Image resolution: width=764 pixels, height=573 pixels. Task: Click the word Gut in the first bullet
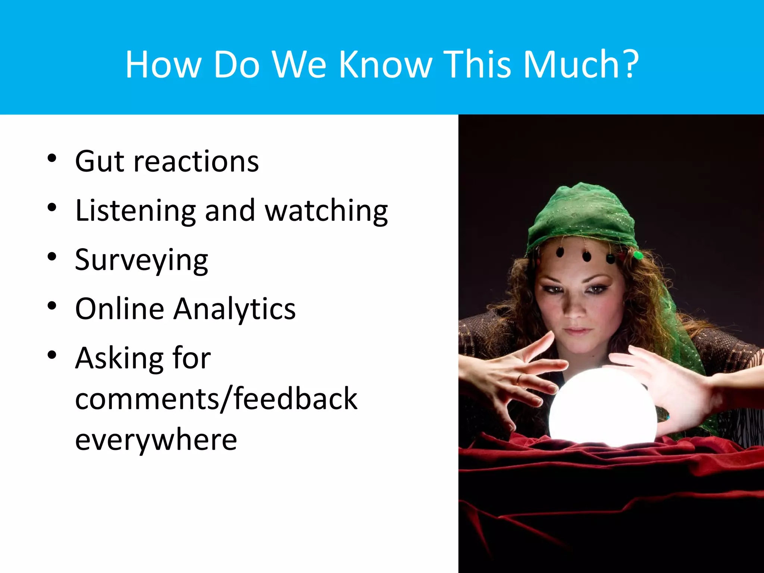[99, 161]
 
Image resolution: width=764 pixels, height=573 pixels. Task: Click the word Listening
[135, 211]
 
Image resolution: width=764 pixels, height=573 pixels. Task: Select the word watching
[326, 211]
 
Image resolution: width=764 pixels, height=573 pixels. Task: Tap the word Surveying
[141, 260]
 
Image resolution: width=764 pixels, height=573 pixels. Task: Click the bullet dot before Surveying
[52, 257]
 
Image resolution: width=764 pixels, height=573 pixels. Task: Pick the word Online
[119, 309]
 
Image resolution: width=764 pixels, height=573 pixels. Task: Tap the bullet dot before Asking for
[52, 355]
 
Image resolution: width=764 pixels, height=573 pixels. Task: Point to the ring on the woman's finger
[519, 380]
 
